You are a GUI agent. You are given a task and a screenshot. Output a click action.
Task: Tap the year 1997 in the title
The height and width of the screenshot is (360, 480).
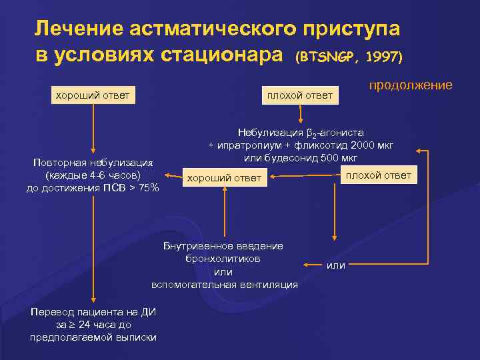coord(380,57)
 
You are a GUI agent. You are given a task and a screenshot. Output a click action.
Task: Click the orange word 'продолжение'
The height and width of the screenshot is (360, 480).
coord(411,85)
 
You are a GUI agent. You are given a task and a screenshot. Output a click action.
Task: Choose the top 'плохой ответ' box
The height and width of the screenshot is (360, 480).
coord(299,95)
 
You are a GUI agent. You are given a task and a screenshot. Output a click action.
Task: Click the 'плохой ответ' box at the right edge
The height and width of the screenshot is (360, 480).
coord(378,175)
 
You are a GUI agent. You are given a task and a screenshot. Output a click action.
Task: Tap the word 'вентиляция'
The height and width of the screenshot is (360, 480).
coord(270,285)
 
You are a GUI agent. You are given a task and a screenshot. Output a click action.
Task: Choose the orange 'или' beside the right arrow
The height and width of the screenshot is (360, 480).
coord(336,265)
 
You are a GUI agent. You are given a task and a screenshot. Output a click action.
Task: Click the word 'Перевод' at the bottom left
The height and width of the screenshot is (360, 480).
coord(52,312)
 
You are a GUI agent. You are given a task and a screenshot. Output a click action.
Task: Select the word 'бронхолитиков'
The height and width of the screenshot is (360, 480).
coord(223,258)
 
